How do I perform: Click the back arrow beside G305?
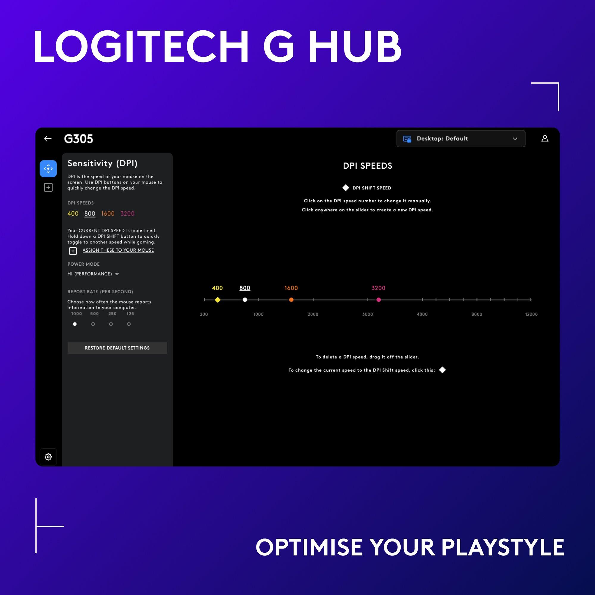click(x=48, y=139)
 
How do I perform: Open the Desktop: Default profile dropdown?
click(x=461, y=139)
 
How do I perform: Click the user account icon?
click(x=544, y=139)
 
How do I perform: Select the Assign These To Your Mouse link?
click(x=118, y=250)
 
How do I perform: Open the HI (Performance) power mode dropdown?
click(x=93, y=274)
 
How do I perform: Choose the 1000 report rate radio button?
click(x=75, y=324)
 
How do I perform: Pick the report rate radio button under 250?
click(x=111, y=324)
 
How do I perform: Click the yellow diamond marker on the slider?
click(x=218, y=300)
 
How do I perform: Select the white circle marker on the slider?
click(x=245, y=300)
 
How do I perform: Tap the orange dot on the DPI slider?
click(x=291, y=300)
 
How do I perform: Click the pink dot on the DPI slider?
click(x=378, y=300)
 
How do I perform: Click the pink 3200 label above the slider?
click(x=378, y=288)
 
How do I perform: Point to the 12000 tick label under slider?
click(x=531, y=314)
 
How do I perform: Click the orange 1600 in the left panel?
click(x=108, y=214)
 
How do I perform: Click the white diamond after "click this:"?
click(x=442, y=370)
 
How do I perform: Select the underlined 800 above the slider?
click(x=245, y=288)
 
